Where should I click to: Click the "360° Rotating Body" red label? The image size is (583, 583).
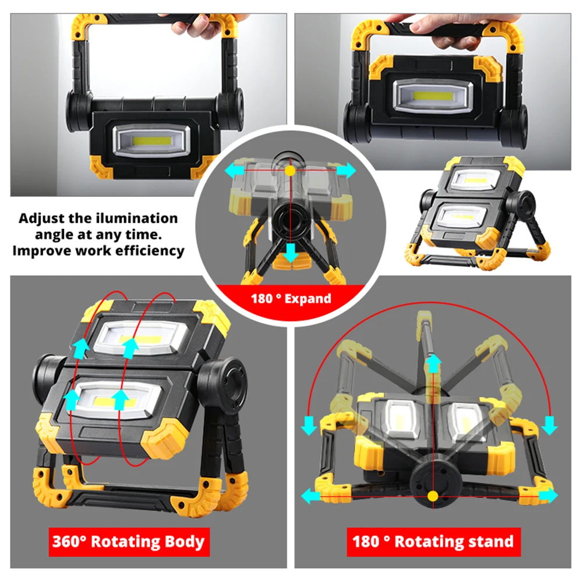[x=128, y=542]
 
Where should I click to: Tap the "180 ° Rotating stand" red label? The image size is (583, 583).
[x=433, y=542]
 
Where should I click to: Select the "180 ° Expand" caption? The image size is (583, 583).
[x=291, y=299]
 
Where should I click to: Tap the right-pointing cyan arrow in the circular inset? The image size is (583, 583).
[x=345, y=170]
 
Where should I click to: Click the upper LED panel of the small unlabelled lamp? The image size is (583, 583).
[x=475, y=179]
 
